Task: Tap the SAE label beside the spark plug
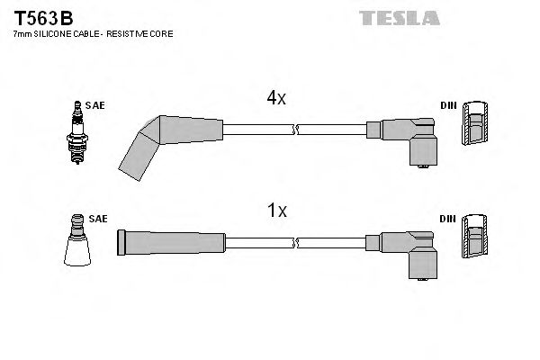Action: (95, 105)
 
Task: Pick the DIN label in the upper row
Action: (447, 105)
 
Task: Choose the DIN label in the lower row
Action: (447, 219)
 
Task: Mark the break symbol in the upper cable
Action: (295, 130)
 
